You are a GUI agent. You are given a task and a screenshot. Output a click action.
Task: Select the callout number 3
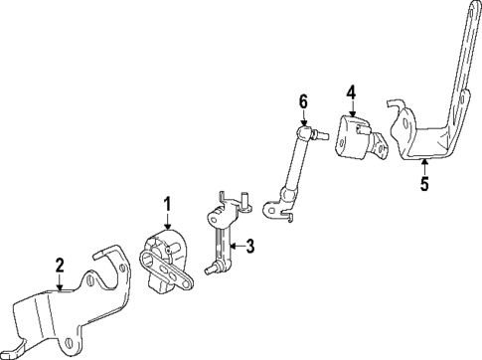pyautogui.click(x=250, y=246)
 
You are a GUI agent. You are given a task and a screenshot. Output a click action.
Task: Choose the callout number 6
pyautogui.click(x=304, y=100)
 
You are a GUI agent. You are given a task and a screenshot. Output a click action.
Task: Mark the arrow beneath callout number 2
pyautogui.click(x=60, y=282)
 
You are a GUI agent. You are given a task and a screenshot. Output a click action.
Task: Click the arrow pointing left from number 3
pyautogui.click(x=237, y=246)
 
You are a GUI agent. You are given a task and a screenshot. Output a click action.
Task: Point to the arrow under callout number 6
pyautogui.click(x=304, y=116)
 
